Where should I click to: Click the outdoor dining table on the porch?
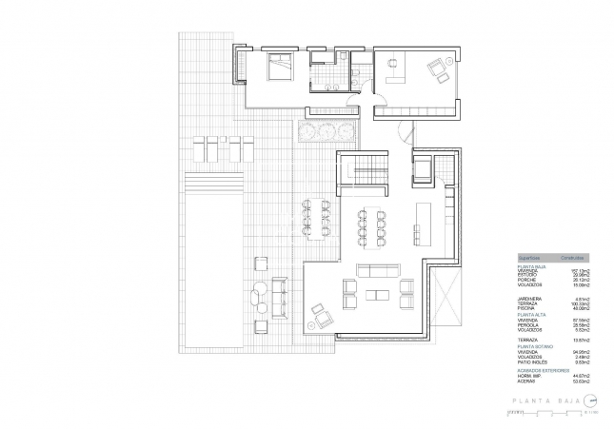point(316,218)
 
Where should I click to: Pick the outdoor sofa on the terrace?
point(279,298)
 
